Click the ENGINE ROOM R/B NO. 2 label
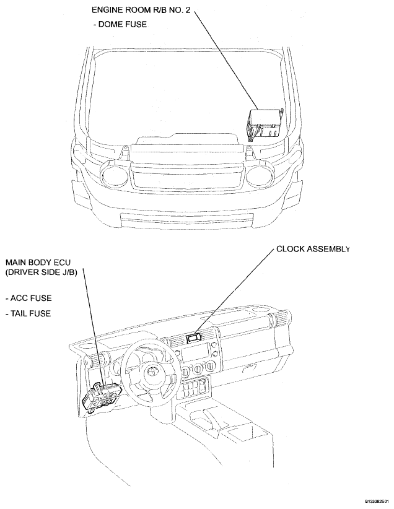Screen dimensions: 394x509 click(141, 10)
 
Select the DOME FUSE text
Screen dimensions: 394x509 click(120, 24)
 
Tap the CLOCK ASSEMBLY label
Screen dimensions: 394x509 click(313, 249)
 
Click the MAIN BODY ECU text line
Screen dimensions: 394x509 click(38, 263)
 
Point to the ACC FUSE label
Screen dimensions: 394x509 click(28, 298)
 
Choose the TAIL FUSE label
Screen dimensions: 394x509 click(28, 313)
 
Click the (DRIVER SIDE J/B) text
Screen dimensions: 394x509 click(42, 272)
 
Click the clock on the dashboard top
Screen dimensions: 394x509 click(193, 338)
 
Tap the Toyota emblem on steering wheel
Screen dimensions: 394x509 click(152, 371)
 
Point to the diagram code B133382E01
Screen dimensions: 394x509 click(377, 501)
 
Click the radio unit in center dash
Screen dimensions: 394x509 click(195, 354)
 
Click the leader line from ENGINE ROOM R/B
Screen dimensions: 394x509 click(225, 61)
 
